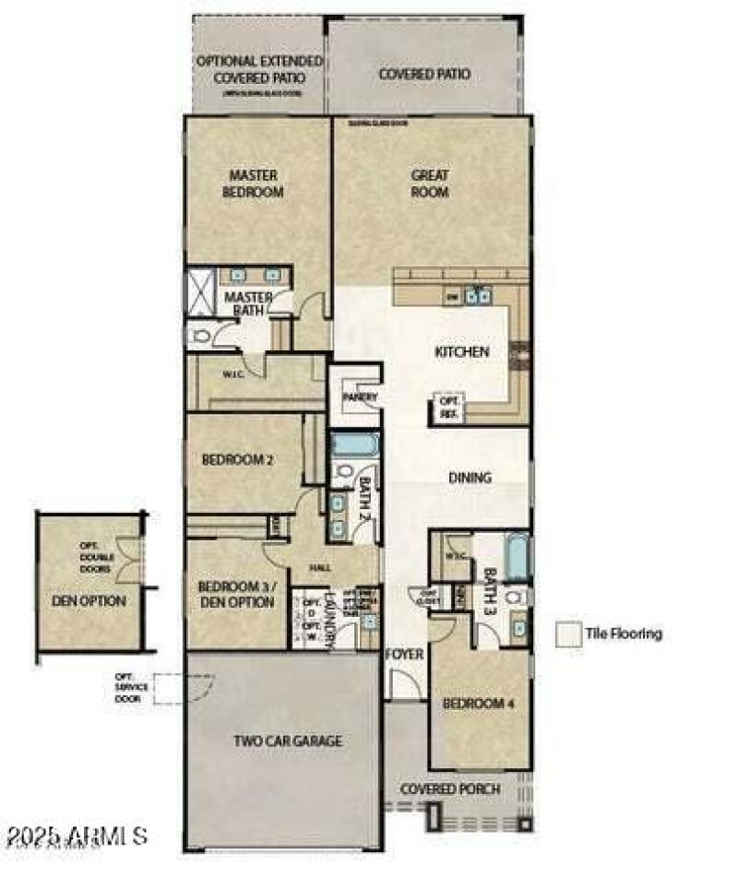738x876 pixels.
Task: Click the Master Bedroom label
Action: (255, 183)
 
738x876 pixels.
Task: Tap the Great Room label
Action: (430, 183)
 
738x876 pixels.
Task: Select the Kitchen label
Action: (461, 351)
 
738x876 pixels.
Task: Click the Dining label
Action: (470, 478)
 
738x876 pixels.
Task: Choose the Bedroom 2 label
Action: (237, 459)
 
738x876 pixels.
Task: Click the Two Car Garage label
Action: (274, 740)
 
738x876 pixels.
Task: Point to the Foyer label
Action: (403, 655)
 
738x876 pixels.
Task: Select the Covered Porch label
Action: (450, 789)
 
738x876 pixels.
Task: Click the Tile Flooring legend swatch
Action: (568, 633)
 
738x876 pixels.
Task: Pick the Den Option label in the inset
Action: (89, 601)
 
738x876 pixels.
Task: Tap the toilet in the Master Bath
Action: (198, 336)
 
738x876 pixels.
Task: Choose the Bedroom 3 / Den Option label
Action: (236, 595)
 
